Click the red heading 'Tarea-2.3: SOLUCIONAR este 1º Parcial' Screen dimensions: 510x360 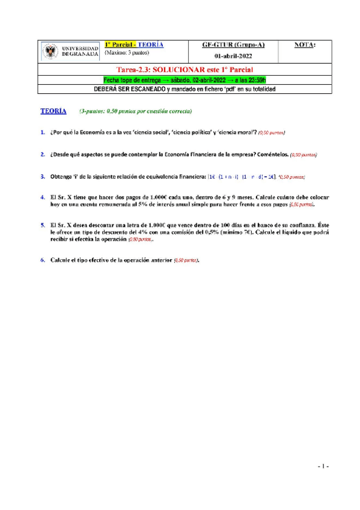(x=180, y=70)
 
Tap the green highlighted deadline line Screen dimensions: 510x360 (x=180, y=79)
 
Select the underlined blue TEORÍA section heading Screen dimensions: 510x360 (x=53, y=112)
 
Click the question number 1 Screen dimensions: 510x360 (x=42, y=132)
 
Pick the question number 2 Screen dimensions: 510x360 (x=42, y=155)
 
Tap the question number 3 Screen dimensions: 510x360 (x=42, y=177)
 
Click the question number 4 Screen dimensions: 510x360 (x=42, y=197)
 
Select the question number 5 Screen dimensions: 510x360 (x=42, y=224)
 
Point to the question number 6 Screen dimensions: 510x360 (x=42, y=260)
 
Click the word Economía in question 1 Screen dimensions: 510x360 (x=97, y=132)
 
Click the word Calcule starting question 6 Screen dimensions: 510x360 (x=62, y=260)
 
